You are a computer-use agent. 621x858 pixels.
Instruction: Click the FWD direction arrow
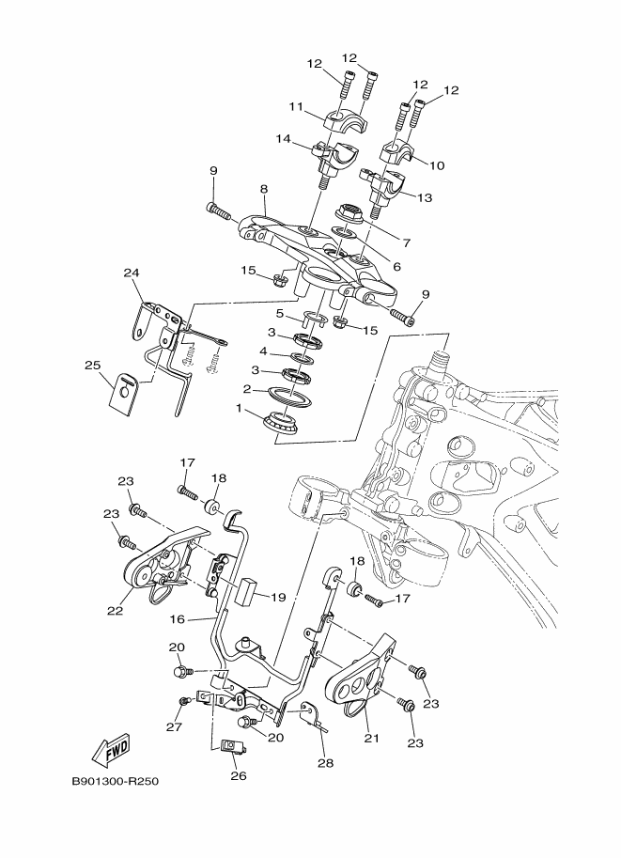(110, 750)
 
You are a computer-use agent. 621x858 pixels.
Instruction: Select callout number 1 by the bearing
(241, 409)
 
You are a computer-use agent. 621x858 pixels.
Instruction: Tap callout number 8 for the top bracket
(264, 188)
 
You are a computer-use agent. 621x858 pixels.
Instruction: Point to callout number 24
(132, 273)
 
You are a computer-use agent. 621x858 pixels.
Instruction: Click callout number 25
(92, 365)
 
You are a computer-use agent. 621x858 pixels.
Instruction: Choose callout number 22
(115, 611)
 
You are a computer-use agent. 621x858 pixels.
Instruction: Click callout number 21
(371, 738)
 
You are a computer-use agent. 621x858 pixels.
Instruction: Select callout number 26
(237, 776)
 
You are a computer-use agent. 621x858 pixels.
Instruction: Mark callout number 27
(172, 725)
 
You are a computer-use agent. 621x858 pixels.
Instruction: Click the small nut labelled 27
(185, 702)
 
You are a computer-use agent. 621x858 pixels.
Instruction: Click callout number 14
(283, 139)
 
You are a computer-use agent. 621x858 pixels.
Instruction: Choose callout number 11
(295, 107)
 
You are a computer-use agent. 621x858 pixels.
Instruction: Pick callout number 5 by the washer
(279, 313)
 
